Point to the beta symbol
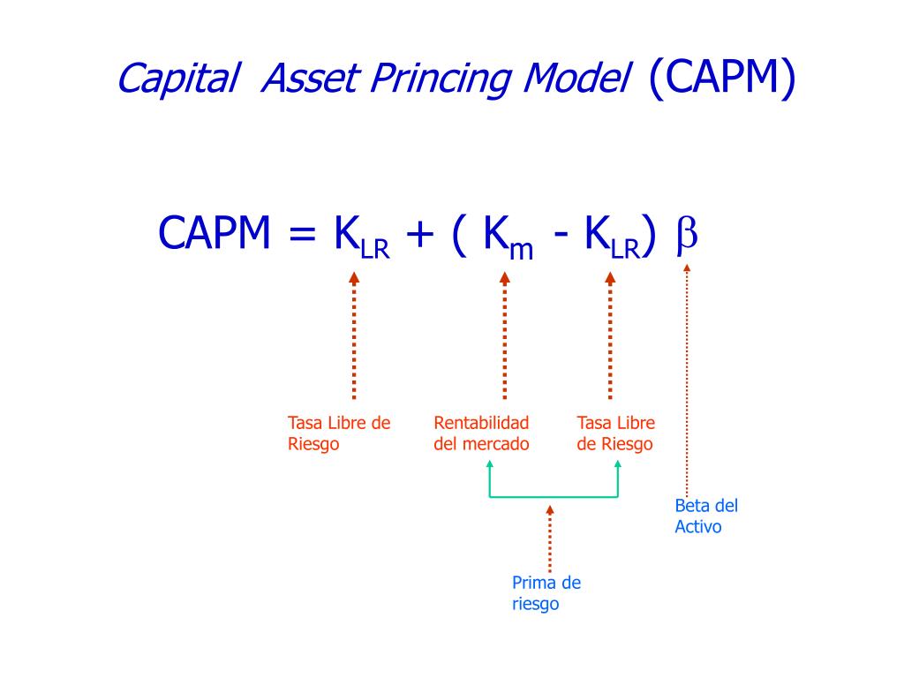point(687,236)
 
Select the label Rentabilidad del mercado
point(481,433)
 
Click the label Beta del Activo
point(705,516)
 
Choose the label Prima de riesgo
point(546,593)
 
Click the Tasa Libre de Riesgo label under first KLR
point(338,433)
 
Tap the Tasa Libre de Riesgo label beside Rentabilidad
point(615,433)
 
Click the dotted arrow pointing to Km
point(505,335)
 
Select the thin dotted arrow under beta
point(687,380)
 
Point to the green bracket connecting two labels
point(554,496)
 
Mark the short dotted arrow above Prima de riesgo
point(550,539)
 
